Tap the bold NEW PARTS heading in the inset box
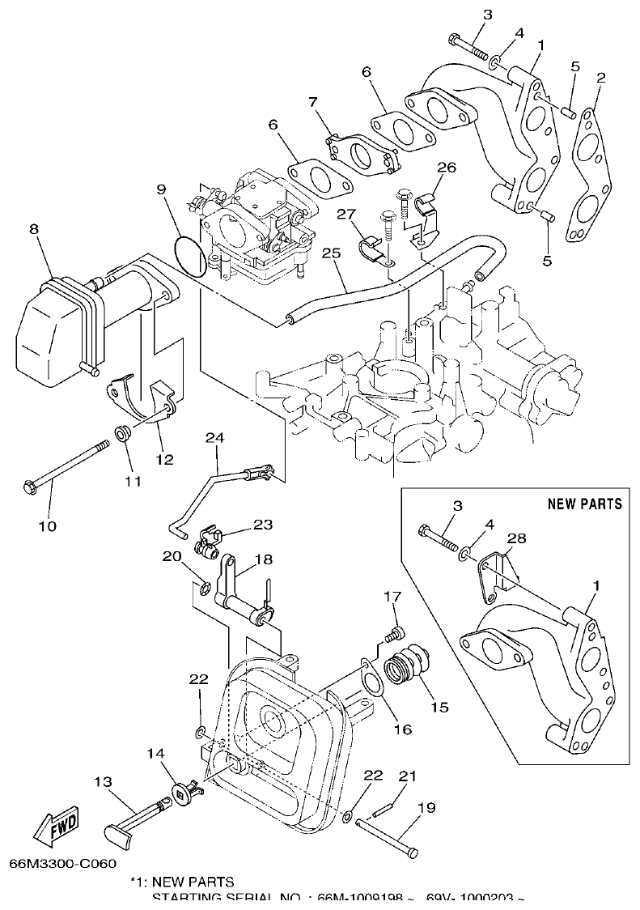tap(584, 504)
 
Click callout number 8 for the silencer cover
tap(34, 229)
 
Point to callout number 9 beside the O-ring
tap(161, 189)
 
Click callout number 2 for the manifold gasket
tap(600, 78)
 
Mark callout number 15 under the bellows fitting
tap(439, 707)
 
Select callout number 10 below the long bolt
tap(47, 526)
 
